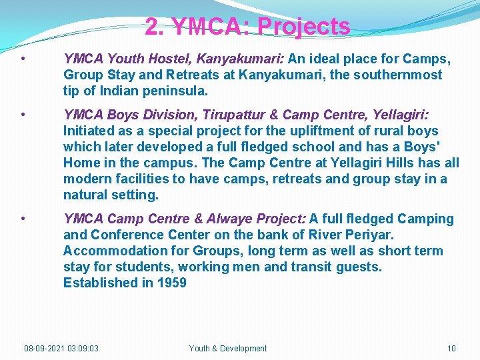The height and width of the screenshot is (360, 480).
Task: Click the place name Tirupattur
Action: click(x=233, y=115)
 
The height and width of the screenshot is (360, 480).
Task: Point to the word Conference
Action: click(x=127, y=235)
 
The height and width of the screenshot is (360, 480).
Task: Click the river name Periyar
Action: click(x=368, y=235)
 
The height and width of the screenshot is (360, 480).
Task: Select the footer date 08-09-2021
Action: click(x=44, y=348)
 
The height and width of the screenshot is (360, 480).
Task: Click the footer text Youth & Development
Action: click(x=228, y=348)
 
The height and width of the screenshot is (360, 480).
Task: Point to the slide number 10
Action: click(x=451, y=348)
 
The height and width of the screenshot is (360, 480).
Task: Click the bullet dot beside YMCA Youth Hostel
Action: click(x=23, y=59)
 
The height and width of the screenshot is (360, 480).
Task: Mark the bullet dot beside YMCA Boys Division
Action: click(x=23, y=115)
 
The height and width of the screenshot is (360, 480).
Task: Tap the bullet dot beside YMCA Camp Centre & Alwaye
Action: click(x=23, y=219)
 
